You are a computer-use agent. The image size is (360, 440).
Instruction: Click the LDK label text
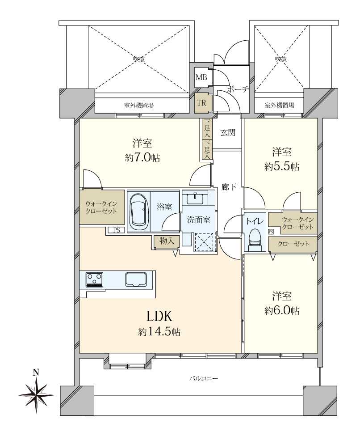coord(159,316)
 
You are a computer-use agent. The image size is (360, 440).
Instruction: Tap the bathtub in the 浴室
coord(138,212)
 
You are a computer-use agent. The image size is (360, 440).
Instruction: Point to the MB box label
coord(201,77)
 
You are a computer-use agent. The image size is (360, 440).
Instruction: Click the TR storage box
coord(201,103)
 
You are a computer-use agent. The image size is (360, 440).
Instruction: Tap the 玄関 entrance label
coord(228,133)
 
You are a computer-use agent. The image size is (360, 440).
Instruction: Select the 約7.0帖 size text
coord(142,158)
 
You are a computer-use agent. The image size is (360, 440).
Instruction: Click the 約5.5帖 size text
coord(282,167)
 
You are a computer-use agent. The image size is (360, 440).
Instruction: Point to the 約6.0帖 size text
coord(282,311)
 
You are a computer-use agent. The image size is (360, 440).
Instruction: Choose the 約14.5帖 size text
coord(159,332)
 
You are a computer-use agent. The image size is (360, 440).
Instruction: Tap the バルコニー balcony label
coord(203,379)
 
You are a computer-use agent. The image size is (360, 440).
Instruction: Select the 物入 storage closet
coord(167,241)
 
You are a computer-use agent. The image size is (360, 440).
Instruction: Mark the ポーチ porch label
coord(238,89)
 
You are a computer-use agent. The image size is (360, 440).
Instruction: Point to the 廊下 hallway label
coord(229,187)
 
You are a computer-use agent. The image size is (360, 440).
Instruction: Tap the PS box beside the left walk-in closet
coord(117,230)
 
